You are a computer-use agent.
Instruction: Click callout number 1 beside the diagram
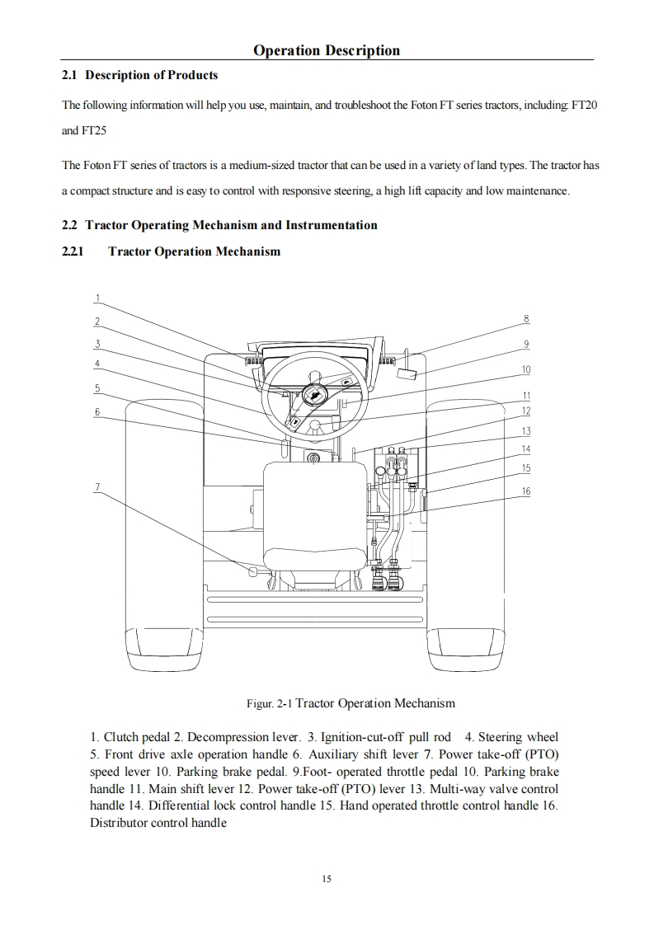click(x=97, y=298)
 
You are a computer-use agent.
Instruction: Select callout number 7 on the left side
click(x=97, y=486)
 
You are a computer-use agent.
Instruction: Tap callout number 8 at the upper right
click(x=526, y=319)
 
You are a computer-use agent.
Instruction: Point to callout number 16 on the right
click(x=526, y=491)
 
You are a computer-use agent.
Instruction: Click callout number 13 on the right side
click(x=526, y=431)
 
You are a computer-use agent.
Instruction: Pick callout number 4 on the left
click(x=97, y=364)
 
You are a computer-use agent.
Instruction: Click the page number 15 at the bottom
click(x=327, y=879)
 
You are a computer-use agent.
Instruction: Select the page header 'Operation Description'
click(x=327, y=50)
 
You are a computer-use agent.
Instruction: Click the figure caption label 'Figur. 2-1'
click(x=269, y=704)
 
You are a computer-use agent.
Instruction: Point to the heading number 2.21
click(x=73, y=251)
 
